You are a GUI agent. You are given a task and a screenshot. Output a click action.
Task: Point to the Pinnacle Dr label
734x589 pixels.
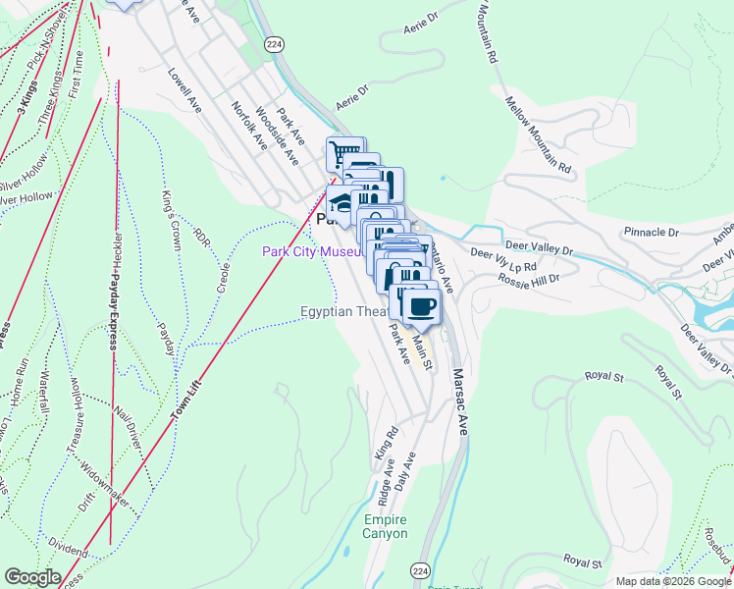pyautogui.click(x=652, y=233)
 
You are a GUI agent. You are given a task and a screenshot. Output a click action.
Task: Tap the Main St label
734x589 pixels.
pyautogui.click(x=422, y=350)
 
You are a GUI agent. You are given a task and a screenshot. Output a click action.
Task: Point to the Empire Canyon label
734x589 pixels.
pyautogui.click(x=384, y=527)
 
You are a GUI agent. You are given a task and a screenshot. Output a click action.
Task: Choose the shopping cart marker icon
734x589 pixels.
pyautogui.click(x=345, y=155)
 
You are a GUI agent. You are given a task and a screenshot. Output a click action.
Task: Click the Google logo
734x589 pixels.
pyautogui.click(x=33, y=578)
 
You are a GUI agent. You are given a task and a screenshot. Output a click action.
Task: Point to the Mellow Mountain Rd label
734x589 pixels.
pyautogui.click(x=539, y=136)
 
